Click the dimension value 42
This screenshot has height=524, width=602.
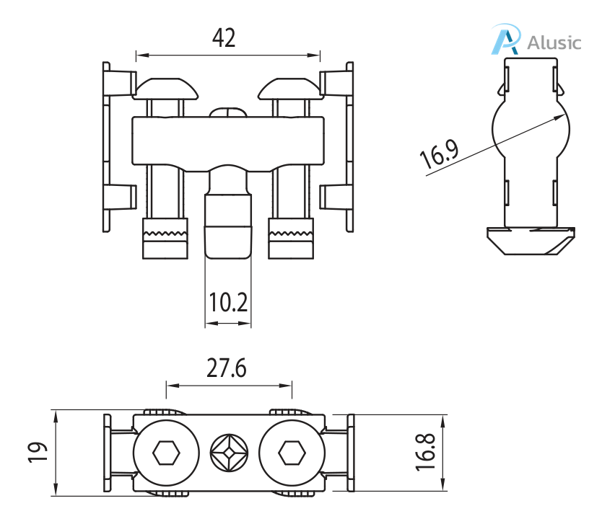(x=224, y=37)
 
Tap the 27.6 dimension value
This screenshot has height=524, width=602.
(x=227, y=368)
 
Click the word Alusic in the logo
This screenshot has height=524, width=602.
(x=554, y=42)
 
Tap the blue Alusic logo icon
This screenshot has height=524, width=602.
(x=506, y=40)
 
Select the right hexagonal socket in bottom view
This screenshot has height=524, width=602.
(x=292, y=454)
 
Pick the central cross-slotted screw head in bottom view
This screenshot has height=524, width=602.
(x=229, y=454)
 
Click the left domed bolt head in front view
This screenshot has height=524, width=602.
(x=165, y=89)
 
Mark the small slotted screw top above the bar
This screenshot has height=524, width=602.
(x=229, y=112)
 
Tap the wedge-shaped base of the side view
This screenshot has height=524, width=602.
(x=531, y=240)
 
